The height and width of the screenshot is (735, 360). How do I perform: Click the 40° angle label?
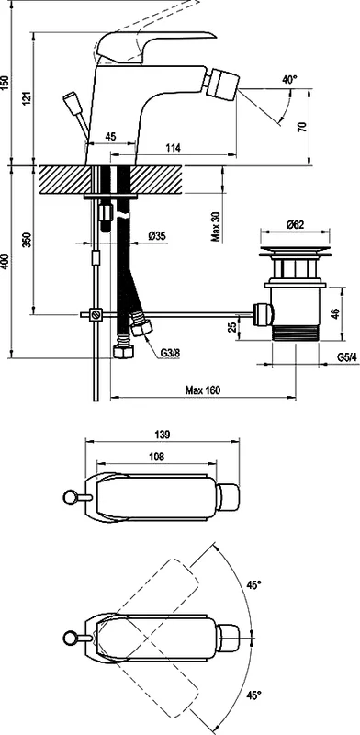pos(289,80)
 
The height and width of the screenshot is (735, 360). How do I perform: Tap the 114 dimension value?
pos(174,148)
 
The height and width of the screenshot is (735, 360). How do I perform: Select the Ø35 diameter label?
pos(157,236)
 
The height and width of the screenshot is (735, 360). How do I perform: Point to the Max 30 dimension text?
pos(216,225)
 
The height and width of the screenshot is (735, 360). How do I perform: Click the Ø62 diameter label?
pos(296,224)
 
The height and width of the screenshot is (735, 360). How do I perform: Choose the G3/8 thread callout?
pos(169,352)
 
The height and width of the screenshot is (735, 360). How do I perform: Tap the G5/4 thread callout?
pos(347,357)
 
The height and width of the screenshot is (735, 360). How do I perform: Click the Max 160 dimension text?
pos(202,390)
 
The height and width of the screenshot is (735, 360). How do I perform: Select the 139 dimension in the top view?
pos(162,435)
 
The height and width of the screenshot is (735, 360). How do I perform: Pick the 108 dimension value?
pos(156,456)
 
